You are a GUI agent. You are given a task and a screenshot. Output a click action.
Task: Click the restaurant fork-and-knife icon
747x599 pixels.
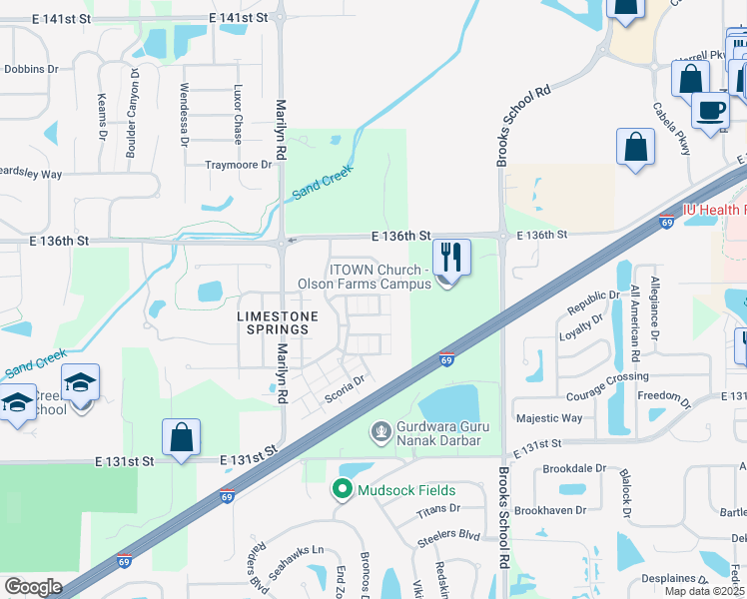click(x=450, y=258)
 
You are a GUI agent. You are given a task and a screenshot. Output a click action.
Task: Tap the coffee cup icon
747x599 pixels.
click(x=710, y=109)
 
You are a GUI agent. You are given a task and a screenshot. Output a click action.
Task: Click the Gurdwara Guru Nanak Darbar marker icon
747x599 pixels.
click(x=379, y=431)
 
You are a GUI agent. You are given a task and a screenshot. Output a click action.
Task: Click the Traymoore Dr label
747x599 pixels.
click(x=238, y=165)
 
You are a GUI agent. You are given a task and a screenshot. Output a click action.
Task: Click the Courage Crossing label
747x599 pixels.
click(x=606, y=376)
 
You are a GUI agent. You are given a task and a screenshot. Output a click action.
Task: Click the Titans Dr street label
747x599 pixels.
click(x=439, y=507)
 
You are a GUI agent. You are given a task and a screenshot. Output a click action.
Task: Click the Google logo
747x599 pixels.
click(x=33, y=586)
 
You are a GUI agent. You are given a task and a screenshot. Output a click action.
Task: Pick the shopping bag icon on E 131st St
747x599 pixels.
click(x=181, y=437)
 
